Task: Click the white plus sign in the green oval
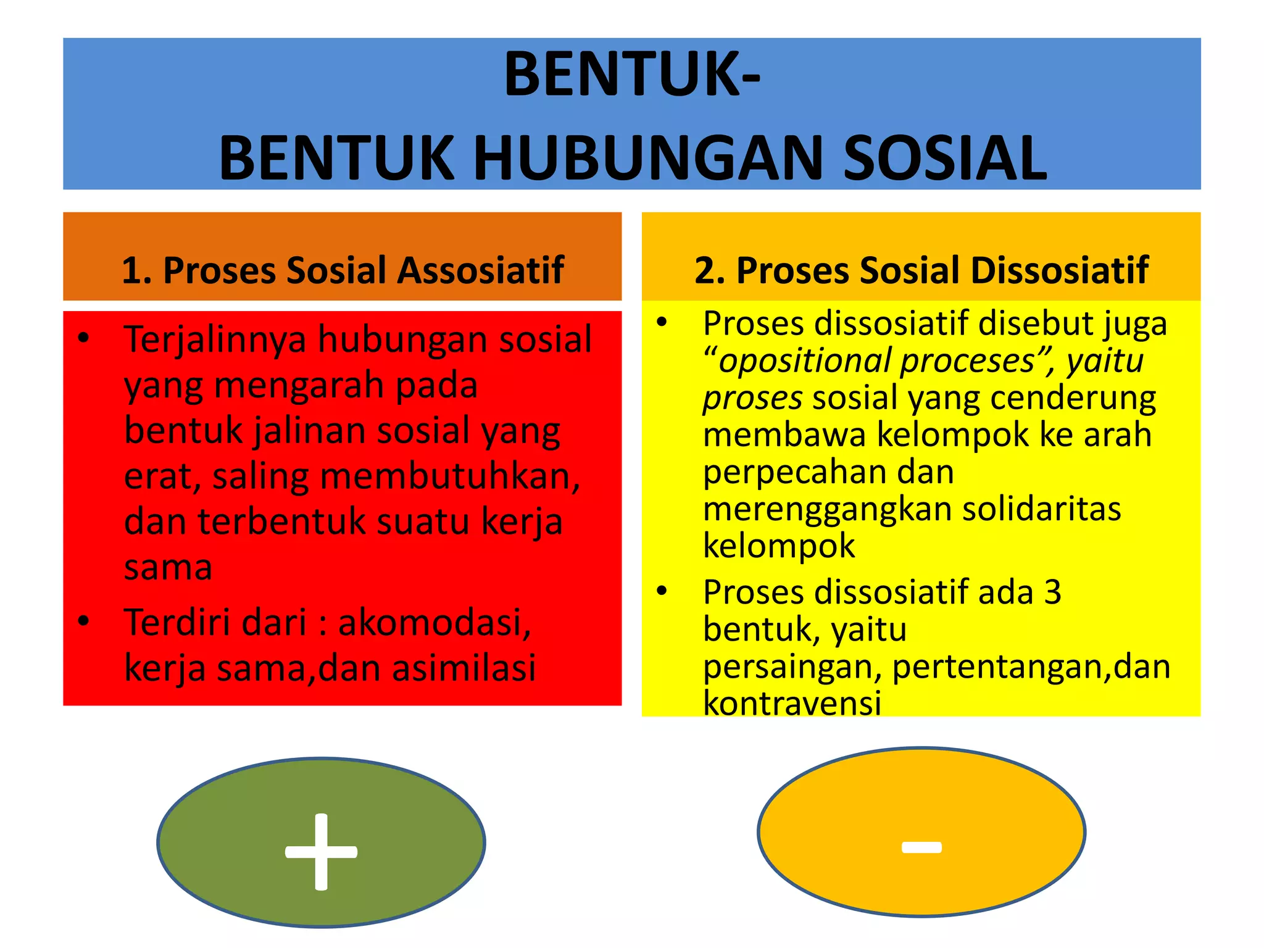321,852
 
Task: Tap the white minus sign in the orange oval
921,847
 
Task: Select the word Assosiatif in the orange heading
480,270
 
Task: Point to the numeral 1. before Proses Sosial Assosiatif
136,270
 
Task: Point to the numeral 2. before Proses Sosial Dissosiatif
710,270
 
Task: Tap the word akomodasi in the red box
434,622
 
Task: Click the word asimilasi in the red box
464,668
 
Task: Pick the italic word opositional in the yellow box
805,362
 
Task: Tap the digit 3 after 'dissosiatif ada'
1052,592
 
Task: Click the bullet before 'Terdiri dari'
84,621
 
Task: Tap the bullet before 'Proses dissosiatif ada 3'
662,591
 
